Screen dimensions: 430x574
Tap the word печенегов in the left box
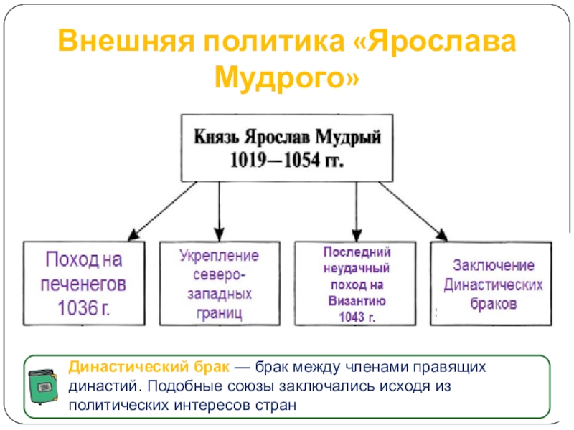pos(85,283)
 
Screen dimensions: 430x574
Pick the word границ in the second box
pos(219,312)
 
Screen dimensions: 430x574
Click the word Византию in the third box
pos(356,301)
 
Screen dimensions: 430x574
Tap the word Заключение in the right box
pos(492,265)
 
